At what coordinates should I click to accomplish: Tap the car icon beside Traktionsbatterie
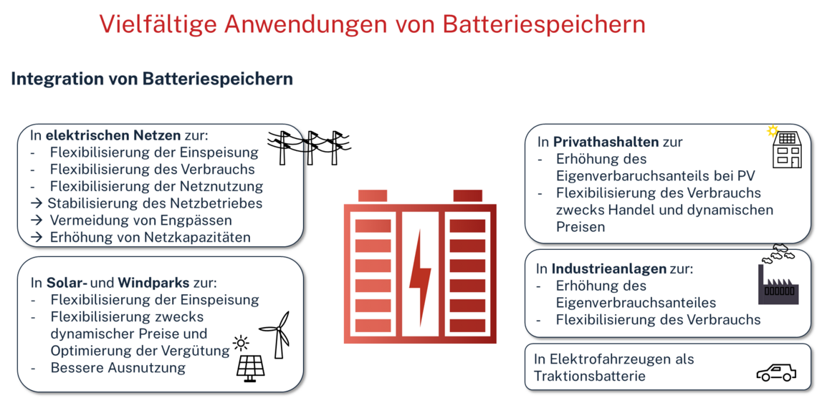(x=775, y=373)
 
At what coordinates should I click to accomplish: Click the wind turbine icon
(x=276, y=334)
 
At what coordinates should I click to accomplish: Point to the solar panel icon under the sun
(x=250, y=367)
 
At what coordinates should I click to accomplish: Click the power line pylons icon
(x=310, y=146)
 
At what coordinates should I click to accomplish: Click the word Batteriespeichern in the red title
(x=544, y=24)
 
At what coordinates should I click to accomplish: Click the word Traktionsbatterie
(x=590, y=377)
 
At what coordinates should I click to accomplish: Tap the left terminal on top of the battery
(x=373, y=195)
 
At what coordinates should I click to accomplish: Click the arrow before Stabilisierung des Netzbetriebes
(x=37, y=203)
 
